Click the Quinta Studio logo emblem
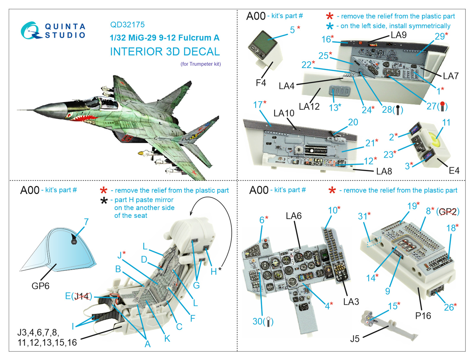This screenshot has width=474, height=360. (31, 31)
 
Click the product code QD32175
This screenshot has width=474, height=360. (127, 25)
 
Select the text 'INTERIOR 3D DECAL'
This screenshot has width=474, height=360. (165, 52)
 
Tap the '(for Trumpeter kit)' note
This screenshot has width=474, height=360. (201, 64)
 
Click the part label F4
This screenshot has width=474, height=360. (261, 83)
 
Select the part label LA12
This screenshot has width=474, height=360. (309, 106)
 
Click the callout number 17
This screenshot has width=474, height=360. (258, 105)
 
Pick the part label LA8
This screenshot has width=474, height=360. (384, 171)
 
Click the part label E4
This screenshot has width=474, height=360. (454, 171)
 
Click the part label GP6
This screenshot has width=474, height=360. (40, 286)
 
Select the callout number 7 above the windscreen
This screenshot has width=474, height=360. (86, 222)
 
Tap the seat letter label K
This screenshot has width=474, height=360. (167, 338)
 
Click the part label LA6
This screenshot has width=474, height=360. (294, 216)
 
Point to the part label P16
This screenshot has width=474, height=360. (423, 316)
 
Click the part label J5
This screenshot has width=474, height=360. (355, 338)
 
